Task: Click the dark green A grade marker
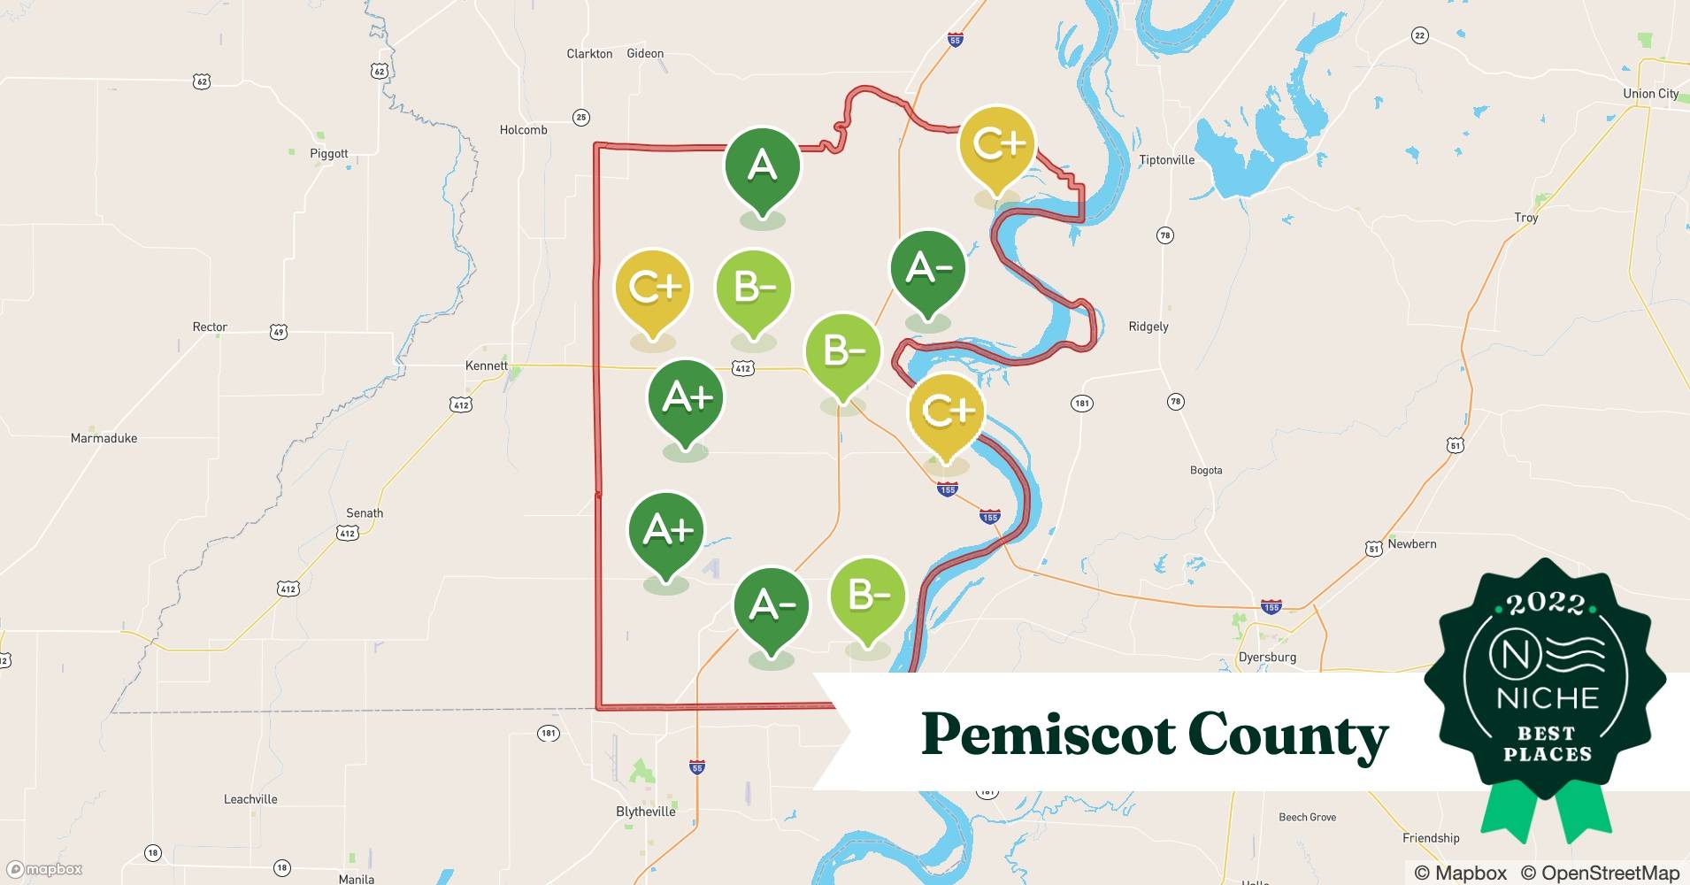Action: click(762, 166)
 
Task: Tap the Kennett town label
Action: click(487, 366)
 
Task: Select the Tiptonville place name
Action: click(1166, 160)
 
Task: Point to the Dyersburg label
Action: click(1267, 658)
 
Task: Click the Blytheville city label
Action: click(645, 812)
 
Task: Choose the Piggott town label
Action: click(329, 153)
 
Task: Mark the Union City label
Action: click(1650, 94)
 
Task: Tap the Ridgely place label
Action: click(1148, 327)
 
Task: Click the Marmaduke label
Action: click(104, 438)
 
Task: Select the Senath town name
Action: click(365, 513)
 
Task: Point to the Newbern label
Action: click(1411, 544)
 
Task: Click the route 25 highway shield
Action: click(580, 117)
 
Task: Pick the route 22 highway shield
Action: click(1419, 35)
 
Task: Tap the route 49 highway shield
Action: click(279, 333)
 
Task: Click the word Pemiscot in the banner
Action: click(1045, 735)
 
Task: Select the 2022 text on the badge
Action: click(1546, 604)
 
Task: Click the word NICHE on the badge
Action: click(1548, 698)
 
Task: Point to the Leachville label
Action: click(250, 799)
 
